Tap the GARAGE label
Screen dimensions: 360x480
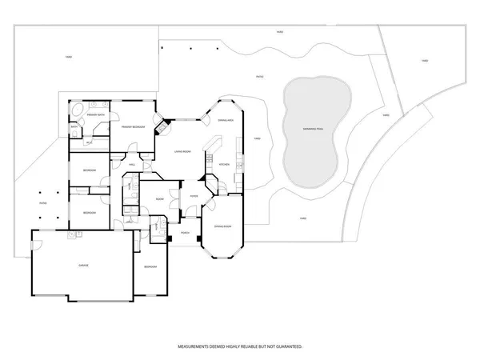[83, 265]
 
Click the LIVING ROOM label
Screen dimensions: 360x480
[182, 151]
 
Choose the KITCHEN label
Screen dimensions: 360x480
[225, 165]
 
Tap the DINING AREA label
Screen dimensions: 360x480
[225, 120]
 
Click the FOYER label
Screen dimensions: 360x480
[194, 195]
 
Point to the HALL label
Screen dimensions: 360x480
[132, 165]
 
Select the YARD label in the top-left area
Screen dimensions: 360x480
[70, 57]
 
